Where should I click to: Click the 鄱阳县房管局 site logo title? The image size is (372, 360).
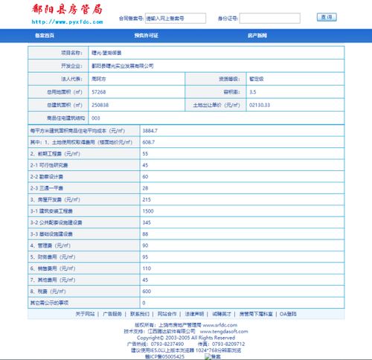pyautogui.click(x=55, y=10)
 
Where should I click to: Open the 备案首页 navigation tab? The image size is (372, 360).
pyautogui.click(x=45, y=35)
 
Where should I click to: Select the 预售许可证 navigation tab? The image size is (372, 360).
pyautogui.click(x=146, y=35)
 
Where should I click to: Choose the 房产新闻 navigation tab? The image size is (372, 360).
pyautogui.click(x=257, y=35)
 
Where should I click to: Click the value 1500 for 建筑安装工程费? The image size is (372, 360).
pyautogui.click(x=148, y=211)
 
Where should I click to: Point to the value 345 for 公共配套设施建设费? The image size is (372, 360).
pyautogui.click(x=147, y=222)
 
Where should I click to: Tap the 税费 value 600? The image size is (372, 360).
pyautogui.click(x=147, y=291)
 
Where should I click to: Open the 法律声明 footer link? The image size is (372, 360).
pyautogui.click(x=195, y=314)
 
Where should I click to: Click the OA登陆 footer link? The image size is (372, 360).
pyautogui.click(x=287, y=314)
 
